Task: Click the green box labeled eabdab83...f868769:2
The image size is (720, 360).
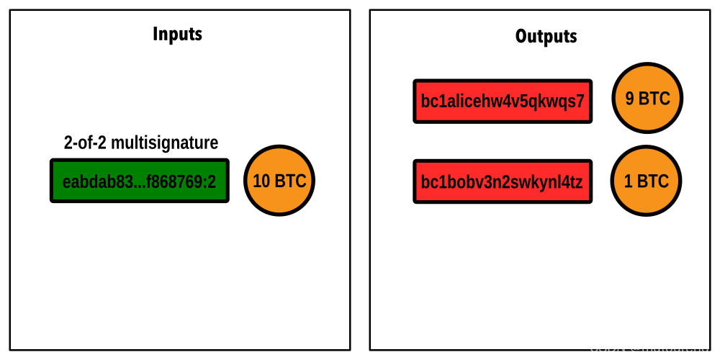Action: pyautogui.click(x=139, y=181)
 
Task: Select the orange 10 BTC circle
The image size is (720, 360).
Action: pyautogui.click(x=279, y=181)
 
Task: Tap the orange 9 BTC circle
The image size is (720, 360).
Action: pyautogui.click(x=647, y=98)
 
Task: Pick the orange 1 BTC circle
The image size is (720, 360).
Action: pyautogui.click(x=646, y=181)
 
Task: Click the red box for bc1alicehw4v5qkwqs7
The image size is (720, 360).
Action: pyautogui.click(x=503, y=102)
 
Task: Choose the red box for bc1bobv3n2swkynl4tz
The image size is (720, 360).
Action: pyautogui.click(x=503, y=181)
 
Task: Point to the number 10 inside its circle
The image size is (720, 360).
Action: pyautogui.click(x=261, y=181)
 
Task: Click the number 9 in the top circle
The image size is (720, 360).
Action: pyautogui.click(x=629, y=99)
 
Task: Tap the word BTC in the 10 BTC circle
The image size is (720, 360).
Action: pyautogui.click(x=290, y=181)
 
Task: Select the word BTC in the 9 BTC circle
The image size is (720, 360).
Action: pyautogui.click(x=654, y=99)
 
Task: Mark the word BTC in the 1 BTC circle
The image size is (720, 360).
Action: pyautogui.click(x=652, y=181)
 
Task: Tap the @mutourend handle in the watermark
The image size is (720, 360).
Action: pyautogui.click(x=670, y=348)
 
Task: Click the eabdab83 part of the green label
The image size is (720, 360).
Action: pyautogui.click(x=98, y=182)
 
